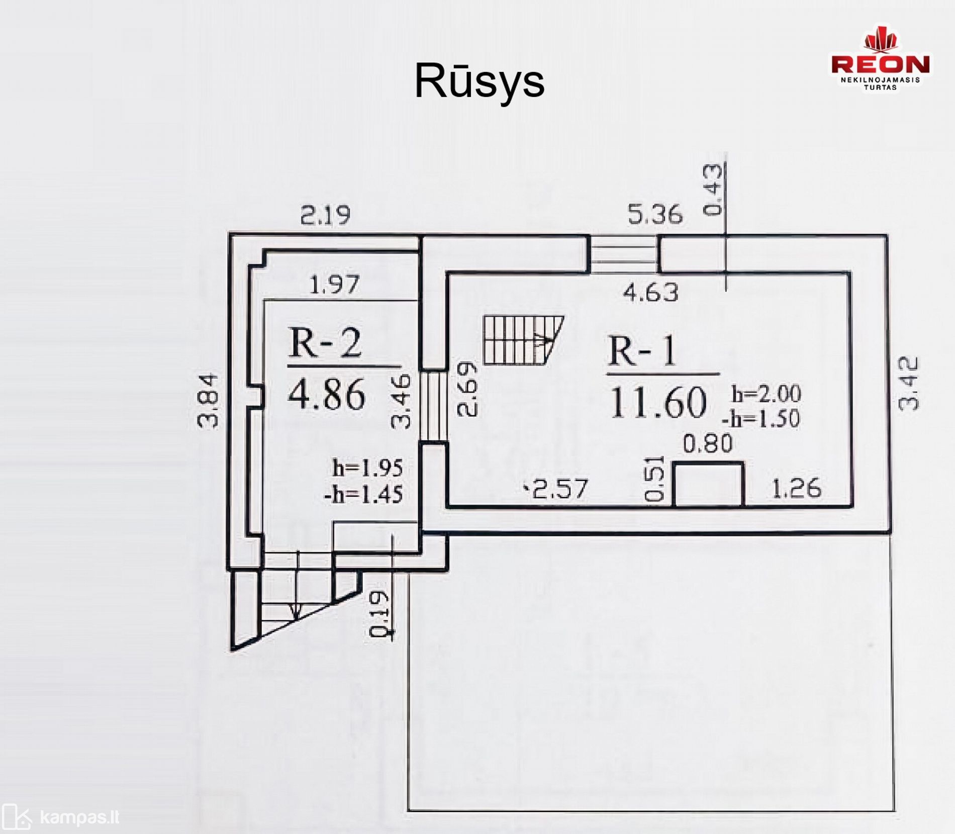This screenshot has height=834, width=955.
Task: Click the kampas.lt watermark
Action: pos(60,817)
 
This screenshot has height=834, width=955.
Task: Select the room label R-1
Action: pos(642,351)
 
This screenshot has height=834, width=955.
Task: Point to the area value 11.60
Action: pos(658,403)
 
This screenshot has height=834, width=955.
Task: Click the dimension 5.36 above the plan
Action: pos(655,214)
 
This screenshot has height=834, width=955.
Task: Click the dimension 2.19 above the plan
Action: pos(325,215)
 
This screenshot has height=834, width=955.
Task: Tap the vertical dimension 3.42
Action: pos(908,383)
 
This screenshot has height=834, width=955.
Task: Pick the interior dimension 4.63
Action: pos(651,292)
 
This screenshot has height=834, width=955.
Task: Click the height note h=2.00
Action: pos(766,394)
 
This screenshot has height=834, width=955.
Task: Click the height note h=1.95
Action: pos(367,468)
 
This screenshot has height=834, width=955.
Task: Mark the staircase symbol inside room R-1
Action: pos(523,340)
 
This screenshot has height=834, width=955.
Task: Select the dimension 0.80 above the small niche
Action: pos(708,444)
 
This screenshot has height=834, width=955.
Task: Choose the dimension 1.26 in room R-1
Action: pos(797,488)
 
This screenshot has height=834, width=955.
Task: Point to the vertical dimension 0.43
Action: pos(713,190)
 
